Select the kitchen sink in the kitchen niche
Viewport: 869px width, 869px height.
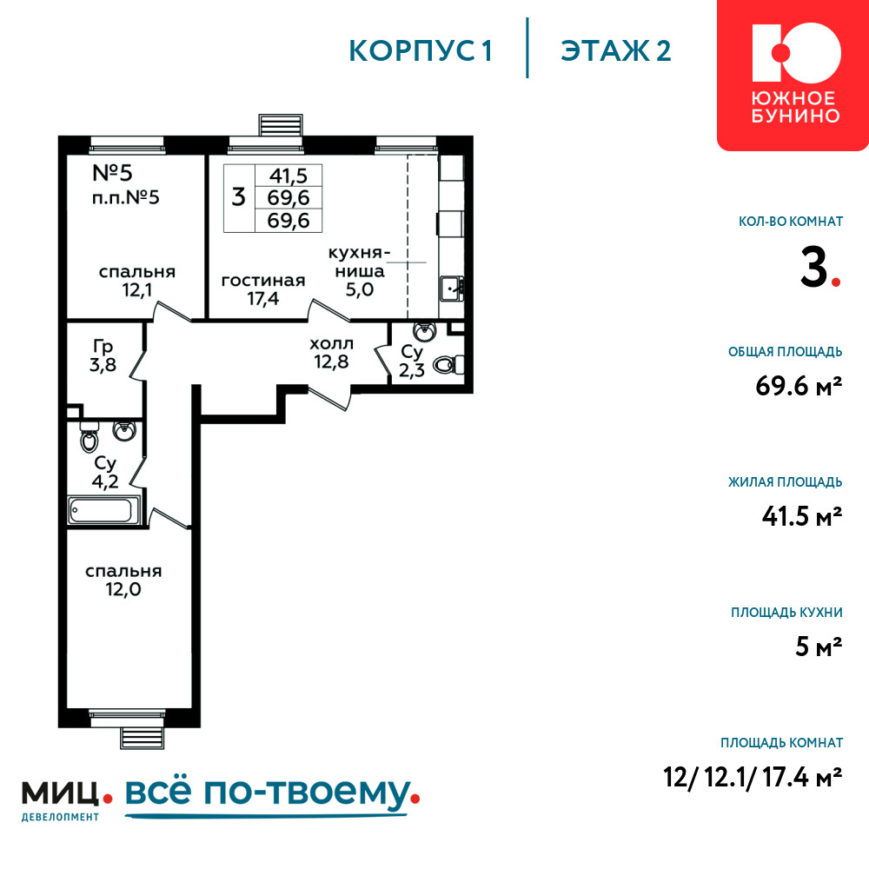click(452, 289)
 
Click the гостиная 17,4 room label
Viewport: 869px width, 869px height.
click(263, 289)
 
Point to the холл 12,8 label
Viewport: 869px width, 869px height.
click(331, 353)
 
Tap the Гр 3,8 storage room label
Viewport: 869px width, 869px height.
click(103, 355)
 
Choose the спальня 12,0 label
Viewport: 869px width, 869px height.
click(123, 580)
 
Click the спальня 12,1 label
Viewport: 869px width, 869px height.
click(137, 281)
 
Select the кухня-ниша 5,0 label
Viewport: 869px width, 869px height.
click(359, 271)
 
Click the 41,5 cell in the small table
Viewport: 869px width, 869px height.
click(289, 176)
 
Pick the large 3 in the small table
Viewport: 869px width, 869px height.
click(238, 196)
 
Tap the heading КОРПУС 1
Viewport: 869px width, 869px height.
click(421, 51)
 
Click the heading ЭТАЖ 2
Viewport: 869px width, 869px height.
click(616, 51)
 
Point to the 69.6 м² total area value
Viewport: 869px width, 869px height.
click(799, 386)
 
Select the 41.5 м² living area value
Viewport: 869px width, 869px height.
click(802, 516)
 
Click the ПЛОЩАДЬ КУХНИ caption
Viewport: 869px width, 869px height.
click(786, 613)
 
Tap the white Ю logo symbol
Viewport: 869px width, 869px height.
click(796, 53)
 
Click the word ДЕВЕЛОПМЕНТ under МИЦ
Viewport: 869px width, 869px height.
click(61, 817)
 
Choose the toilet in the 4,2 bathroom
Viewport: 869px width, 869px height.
click(90, 437)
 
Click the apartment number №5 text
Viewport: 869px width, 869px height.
click(112, 173)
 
